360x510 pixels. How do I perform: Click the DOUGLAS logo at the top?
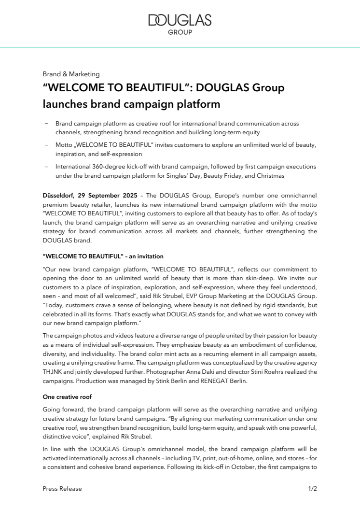(x=180, y=20)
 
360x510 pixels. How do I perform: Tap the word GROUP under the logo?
(x=180, y=32)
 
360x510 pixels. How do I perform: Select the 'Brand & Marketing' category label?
(x=71, y=74)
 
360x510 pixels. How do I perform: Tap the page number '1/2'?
(x=312, y=488)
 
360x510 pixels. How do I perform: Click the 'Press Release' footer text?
(x=62, y=488)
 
